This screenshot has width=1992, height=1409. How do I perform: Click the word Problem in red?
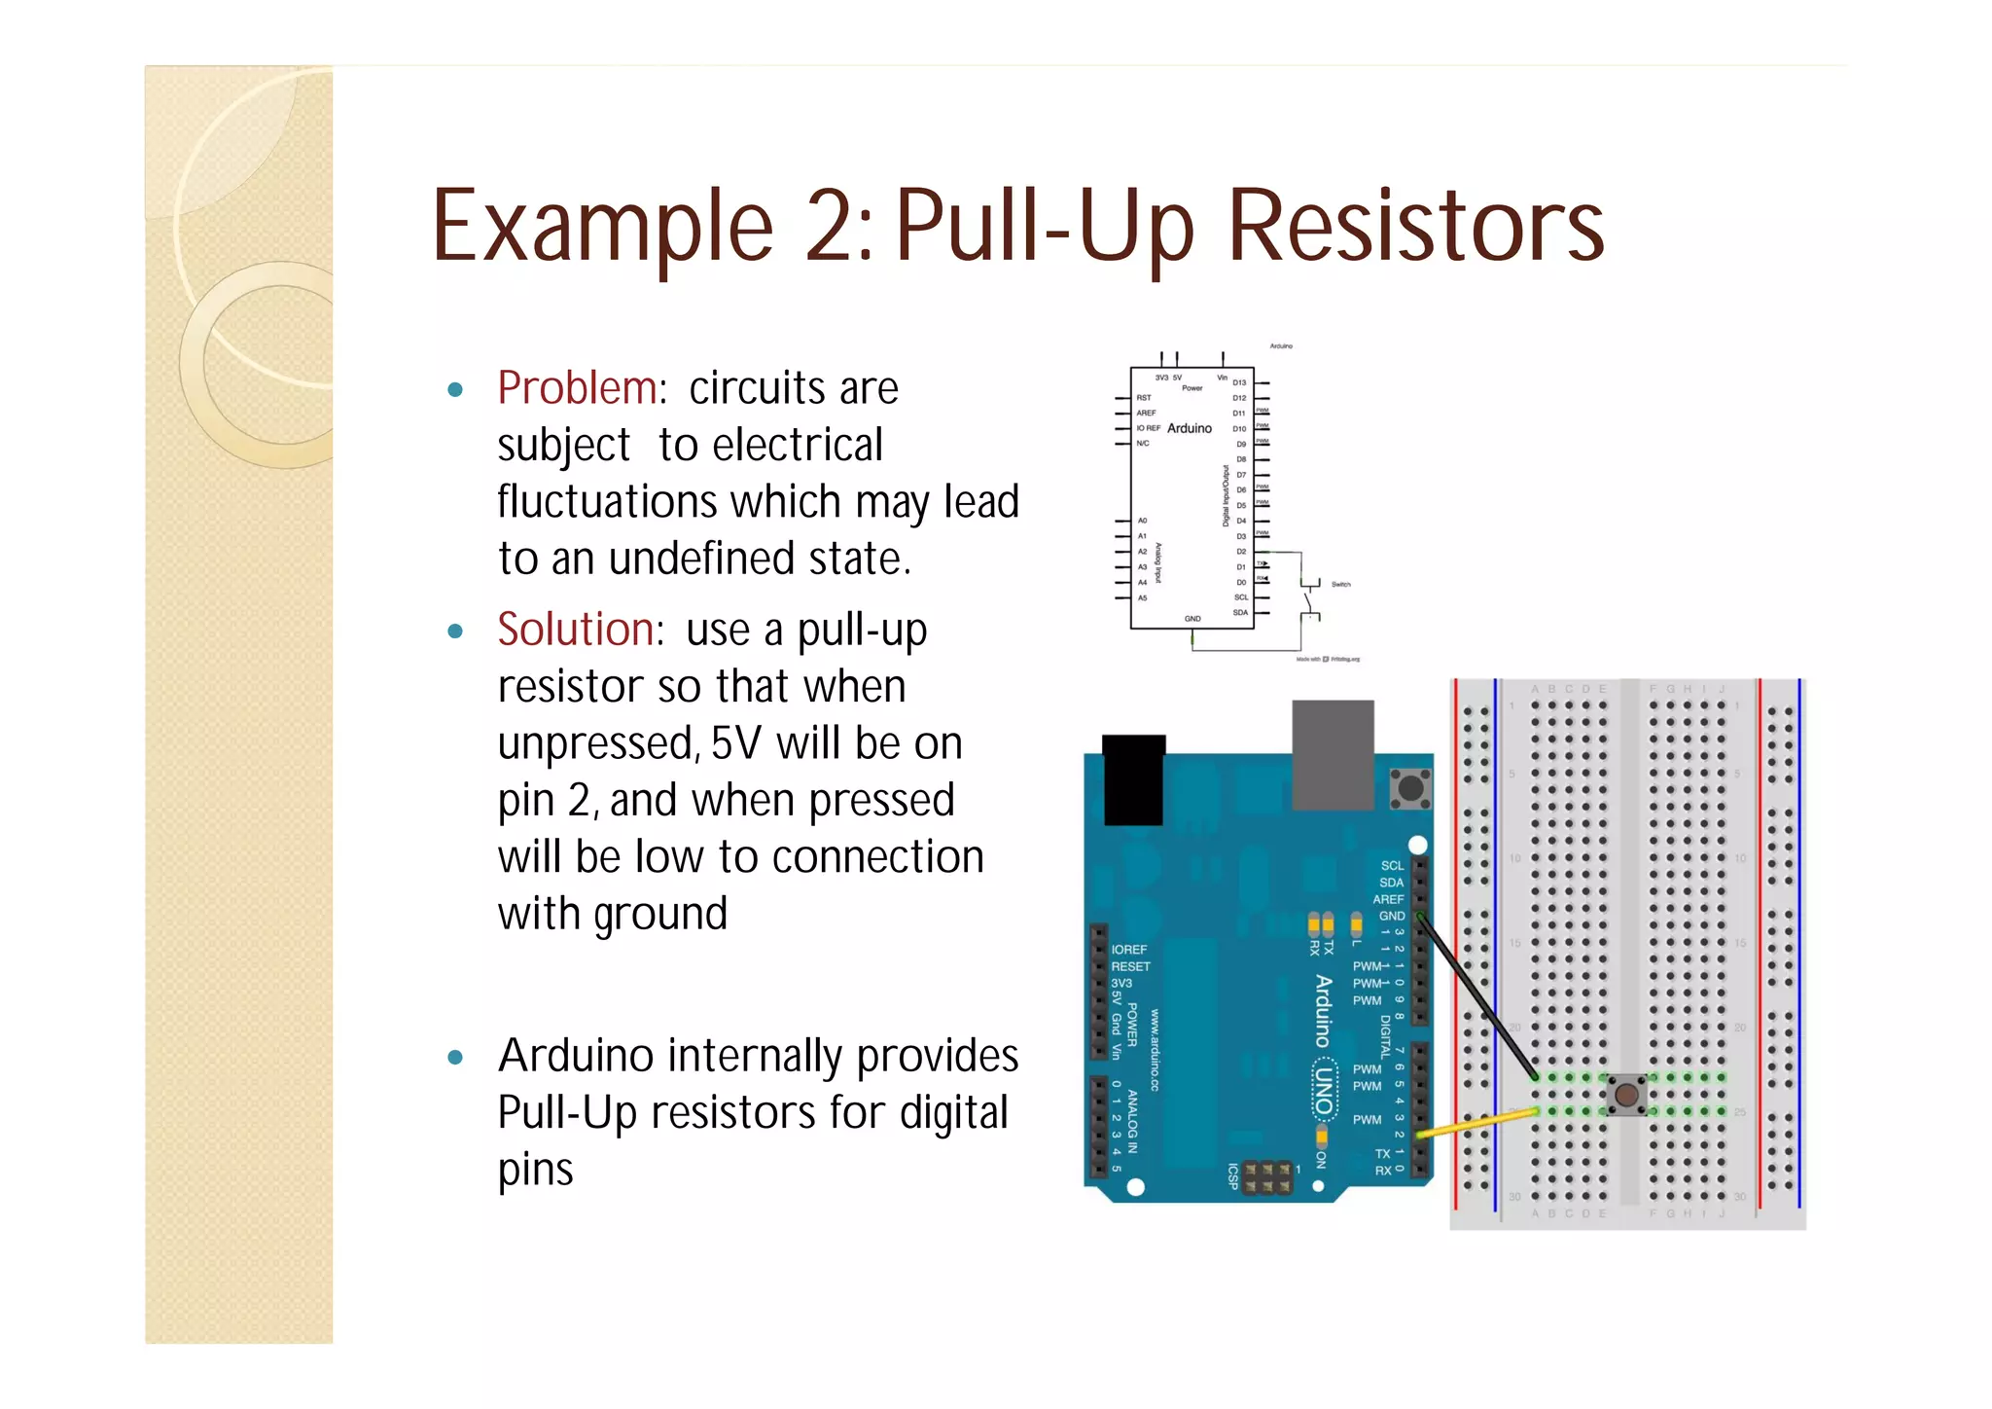coord(577,388)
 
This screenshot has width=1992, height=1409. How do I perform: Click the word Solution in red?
coord(576,630)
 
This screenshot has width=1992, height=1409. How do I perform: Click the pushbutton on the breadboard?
coord(1625,1095)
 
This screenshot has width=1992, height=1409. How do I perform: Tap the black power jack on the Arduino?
coord(1133,779)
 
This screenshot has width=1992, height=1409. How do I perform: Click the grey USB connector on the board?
coord(1333,753)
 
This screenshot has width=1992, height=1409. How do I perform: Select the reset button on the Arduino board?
coord(1410,788)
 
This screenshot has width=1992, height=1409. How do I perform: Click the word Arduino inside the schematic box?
coord(1189,428)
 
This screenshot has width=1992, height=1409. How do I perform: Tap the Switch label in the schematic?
coord(1340,585)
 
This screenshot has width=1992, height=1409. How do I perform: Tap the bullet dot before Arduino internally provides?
coord(455,1058)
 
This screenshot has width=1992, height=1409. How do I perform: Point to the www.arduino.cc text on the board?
coord(1155,1049)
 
